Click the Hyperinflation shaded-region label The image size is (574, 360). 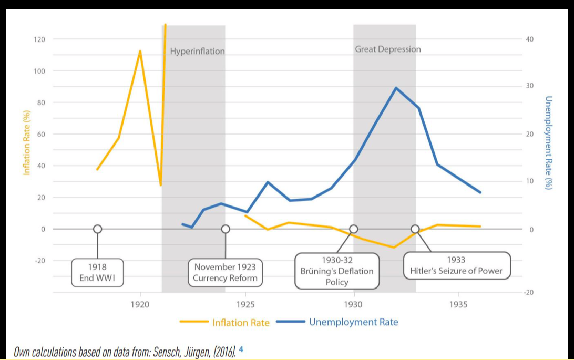197,52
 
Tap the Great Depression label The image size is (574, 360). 388,49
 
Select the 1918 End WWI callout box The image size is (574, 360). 97,272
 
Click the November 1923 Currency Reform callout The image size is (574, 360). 225,272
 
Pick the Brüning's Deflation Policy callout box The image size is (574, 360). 337,271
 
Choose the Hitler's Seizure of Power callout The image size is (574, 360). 456,266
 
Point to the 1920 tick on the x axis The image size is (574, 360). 140,304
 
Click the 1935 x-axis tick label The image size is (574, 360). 459,304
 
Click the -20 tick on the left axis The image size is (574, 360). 39,261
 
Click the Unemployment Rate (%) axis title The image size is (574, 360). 548,142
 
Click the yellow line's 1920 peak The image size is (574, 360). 140,51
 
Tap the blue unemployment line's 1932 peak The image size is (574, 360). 395,88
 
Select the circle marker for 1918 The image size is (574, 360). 97,229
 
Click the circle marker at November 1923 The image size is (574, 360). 225,229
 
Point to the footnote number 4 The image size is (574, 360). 241,348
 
